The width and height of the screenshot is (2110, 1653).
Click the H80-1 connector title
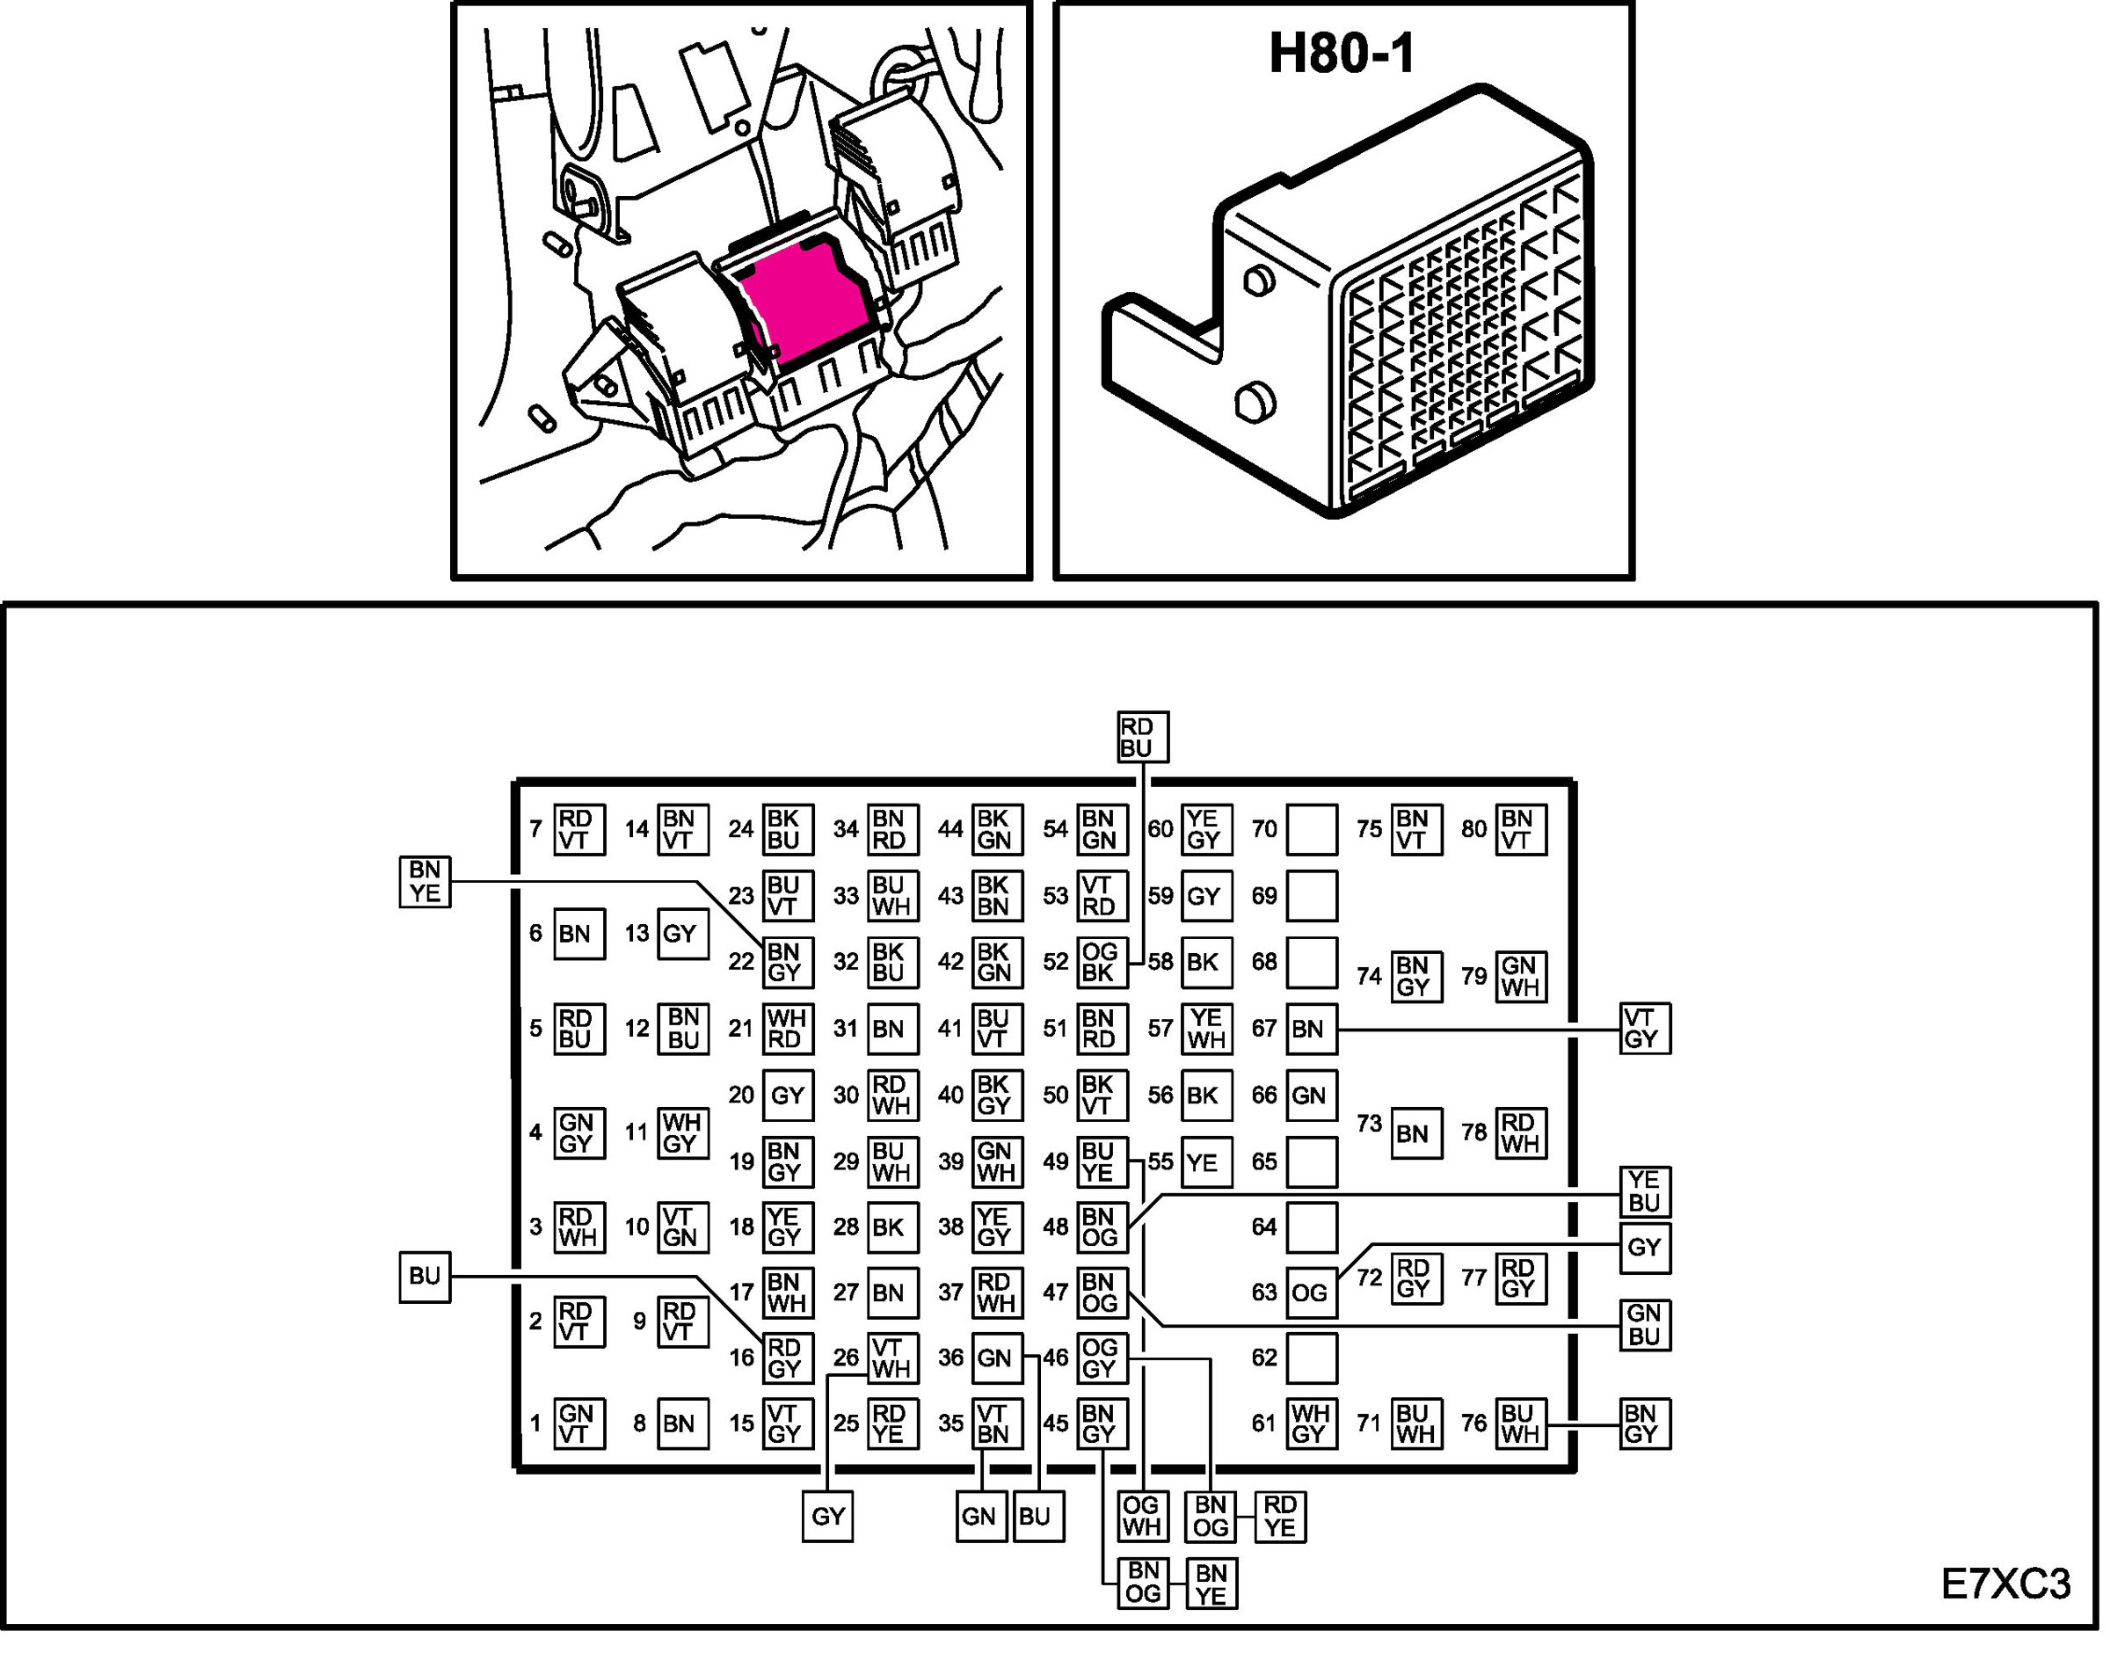(x=1342, y=55)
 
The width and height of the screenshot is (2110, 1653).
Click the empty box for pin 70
(x=1311, y=829)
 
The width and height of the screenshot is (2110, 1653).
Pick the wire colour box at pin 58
(x=1205, y=962)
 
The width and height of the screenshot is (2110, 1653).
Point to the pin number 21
(x=741, y=1029)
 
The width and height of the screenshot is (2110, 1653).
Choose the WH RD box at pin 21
(x=787, y=1029)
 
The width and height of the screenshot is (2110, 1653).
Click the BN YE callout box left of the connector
(x=425, y=882)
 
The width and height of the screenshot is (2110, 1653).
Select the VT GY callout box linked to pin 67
(x=1644, y=1029)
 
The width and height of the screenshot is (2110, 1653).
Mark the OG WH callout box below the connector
(x=1141, y=1517)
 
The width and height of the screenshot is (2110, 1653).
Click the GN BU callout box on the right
(x=1644, y=1325)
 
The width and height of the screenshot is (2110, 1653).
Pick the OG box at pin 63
(x=1311, y=1293)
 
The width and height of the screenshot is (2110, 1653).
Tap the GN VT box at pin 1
(x=578, y=1424)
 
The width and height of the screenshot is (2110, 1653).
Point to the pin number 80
(x=1473, y=829)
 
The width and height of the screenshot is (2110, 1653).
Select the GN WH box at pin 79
(x=1520, y=977)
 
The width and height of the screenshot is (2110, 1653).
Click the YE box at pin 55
(x=1205, y=1162)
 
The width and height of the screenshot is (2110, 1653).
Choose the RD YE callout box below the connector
(x=1280, y=1517)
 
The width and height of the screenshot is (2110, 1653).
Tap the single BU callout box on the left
(x=425, y=1277)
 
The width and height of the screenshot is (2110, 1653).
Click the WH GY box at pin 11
(x=682, y=1133)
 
